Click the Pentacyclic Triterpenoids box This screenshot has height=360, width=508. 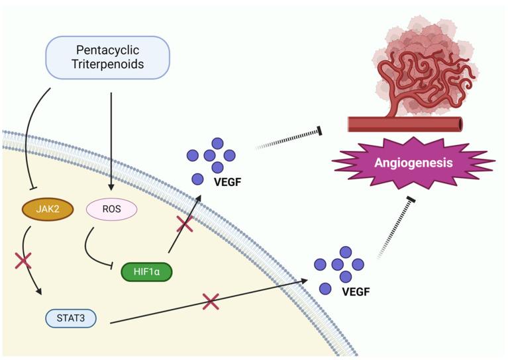coord(107,58)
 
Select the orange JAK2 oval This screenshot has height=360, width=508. coord(48,209)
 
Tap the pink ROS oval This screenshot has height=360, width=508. coord(111,209)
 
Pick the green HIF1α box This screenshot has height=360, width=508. coord(146,271)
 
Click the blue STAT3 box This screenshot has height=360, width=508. coord(71,318)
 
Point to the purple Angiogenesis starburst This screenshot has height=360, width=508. coord(413,163)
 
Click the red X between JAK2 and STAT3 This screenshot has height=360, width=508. coord(23,261)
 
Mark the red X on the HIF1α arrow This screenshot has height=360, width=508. coord(185,224)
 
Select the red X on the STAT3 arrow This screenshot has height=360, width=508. coord(211,302)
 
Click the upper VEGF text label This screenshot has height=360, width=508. coord(228,182)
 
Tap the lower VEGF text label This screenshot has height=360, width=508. coord(356,292)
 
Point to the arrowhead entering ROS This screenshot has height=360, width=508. coord(111,187)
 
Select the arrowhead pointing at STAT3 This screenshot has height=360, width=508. coord(39,291)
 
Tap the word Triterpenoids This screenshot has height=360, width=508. coord(107,64)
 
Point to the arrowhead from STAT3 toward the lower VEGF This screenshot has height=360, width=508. coord(303,281)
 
